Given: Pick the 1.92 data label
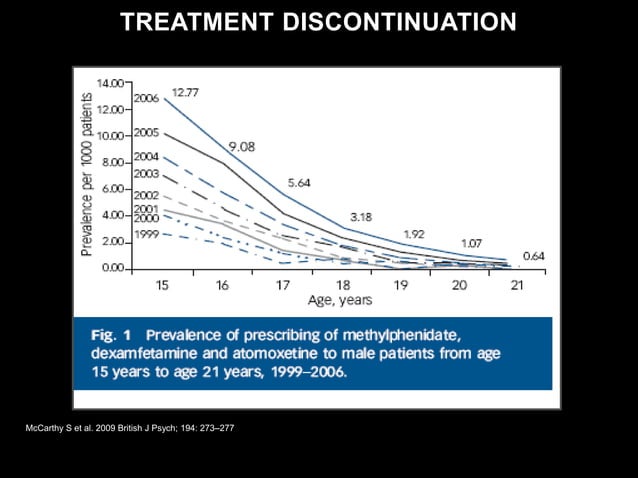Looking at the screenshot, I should pos(414,233).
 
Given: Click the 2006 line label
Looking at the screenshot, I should pos(147,99).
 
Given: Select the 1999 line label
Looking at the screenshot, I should pos(146,232).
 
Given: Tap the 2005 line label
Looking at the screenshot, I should pos(147,133).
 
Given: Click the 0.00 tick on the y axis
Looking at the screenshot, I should pos(113,269).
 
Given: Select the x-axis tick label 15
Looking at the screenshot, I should pos(162,286).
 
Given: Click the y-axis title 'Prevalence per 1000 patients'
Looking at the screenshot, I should pos(88,175).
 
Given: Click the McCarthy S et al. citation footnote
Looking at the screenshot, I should pos(130,428).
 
